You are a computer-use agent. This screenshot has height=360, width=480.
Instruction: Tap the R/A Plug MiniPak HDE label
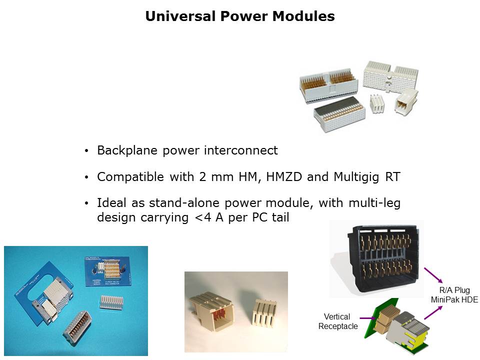click(454, 294)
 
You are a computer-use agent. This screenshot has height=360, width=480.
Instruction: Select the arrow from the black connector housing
click(433, 275)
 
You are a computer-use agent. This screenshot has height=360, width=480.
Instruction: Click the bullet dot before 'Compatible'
click(87, 177)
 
